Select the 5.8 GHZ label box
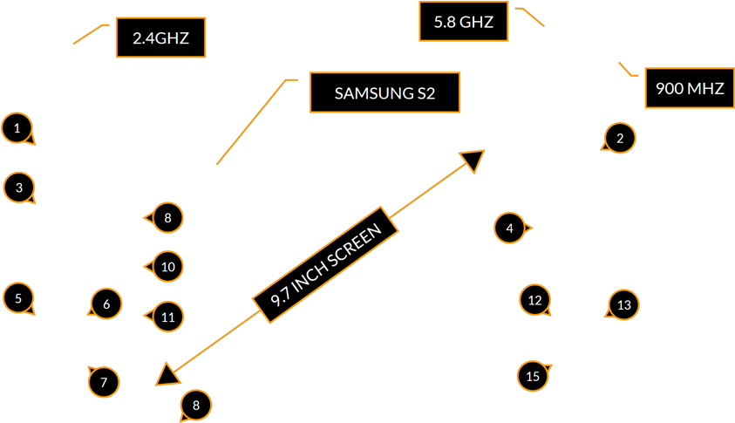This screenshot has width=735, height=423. click(x=463, y=22)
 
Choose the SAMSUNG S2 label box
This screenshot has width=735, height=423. click(x=385, y=92)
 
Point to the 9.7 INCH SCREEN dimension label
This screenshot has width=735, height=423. click(x=325, y=265)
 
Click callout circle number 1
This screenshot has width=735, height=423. click(x=17, y=128)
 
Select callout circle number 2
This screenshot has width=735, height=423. click(x=620, y=138)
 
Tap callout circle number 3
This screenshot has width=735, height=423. click(x=18, y=187)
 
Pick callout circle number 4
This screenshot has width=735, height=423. click(x=509, y=229)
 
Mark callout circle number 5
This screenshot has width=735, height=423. click(x=18, y=298)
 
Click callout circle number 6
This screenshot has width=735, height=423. click(x=106, y=304)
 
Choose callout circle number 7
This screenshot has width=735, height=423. click(x=104, y=382)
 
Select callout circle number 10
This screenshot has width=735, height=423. click(x=168, y=267)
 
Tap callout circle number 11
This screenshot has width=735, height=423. click(x=168, y=317)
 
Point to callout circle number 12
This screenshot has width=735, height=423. click(x=534, y=300)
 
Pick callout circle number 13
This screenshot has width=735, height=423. click(x=623, y=305)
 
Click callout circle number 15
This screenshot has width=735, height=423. click(x=533, y=377)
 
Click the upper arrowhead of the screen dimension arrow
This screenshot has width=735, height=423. click(x=473, y=160)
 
